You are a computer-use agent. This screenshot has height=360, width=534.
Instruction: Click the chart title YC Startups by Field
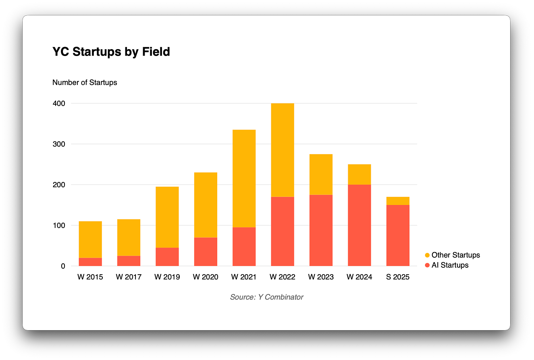click(x=111, y=52)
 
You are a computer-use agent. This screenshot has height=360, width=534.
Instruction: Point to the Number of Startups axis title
click(x=85, y=83)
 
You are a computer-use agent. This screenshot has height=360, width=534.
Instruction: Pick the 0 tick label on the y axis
click(x=63, y=266)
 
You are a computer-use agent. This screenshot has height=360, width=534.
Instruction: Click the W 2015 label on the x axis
click(x=90, y=277)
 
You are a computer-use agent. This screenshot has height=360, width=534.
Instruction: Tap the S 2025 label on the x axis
click(x=398, y=277)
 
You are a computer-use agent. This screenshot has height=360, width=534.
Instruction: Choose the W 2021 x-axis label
click(x=244, y=277)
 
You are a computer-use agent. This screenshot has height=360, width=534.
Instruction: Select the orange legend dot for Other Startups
click(x=427, y=255)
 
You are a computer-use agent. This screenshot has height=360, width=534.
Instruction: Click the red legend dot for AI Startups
click(x=427, y=265)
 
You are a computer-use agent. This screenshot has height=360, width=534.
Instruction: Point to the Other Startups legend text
click(x=456, y=255)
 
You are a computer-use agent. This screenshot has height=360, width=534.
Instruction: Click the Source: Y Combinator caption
click(x=266, y=297)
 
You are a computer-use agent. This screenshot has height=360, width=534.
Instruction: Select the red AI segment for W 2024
click(x=359, y=226)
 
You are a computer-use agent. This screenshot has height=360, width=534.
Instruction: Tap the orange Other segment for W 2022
click(x=283, y=150)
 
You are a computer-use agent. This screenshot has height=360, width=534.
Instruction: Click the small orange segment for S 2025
click(x=398, y=201)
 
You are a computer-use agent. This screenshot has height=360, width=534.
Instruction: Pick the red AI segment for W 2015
click(x=90, y=262)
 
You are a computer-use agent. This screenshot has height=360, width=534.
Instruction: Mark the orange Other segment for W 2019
click(x=167, y=217)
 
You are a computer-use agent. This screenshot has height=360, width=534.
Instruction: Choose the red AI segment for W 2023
click(x=321, y=230)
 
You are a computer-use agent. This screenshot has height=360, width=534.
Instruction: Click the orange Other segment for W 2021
click(x=244, y=178)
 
